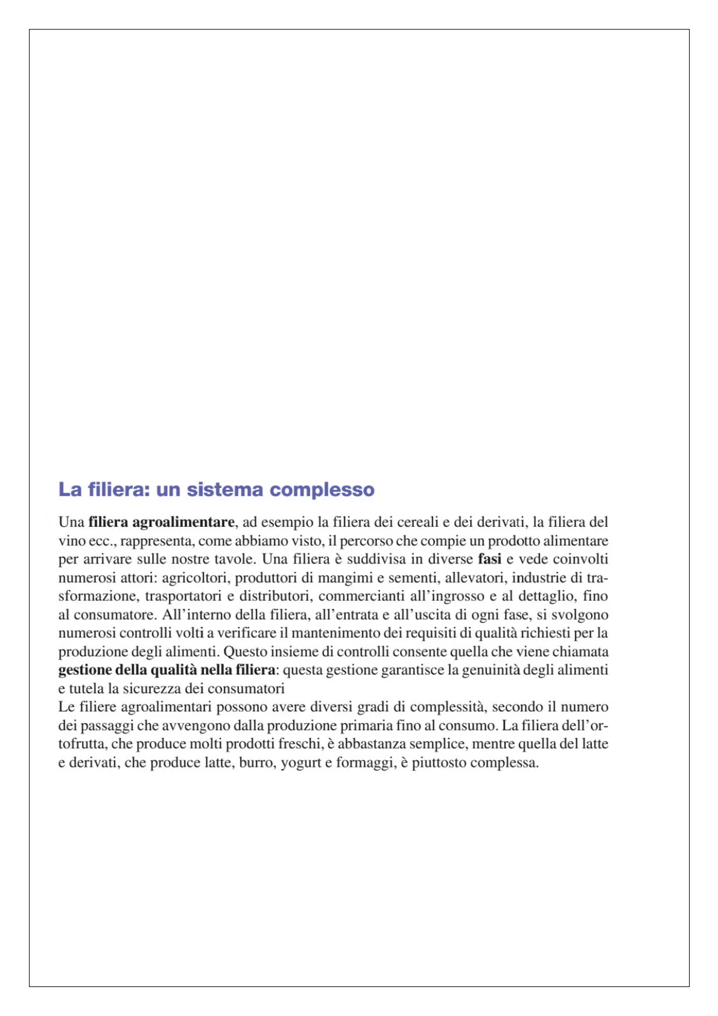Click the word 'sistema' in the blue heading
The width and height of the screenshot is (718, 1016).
[224, 489]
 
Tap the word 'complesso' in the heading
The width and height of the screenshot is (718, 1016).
[322, 489]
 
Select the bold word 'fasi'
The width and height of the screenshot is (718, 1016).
[489, 559]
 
